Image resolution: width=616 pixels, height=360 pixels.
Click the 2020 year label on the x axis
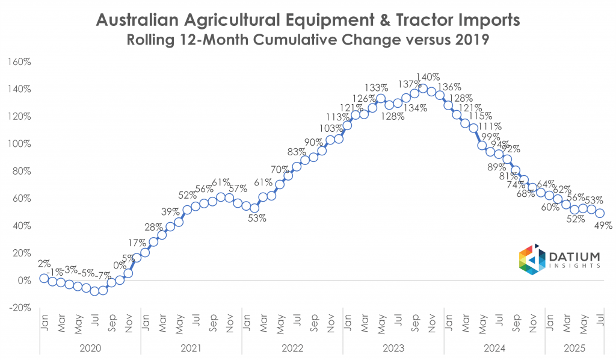[x=90, y=347]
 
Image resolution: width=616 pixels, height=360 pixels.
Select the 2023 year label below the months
[x=393, y=347]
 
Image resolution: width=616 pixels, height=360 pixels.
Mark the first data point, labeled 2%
[x=44, y=278]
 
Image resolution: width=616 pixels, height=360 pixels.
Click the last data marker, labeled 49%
[x=600, y=213]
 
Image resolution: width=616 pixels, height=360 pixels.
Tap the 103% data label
[x=330, y=128]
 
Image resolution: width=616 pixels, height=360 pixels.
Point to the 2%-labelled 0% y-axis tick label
[x=25, y=281]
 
